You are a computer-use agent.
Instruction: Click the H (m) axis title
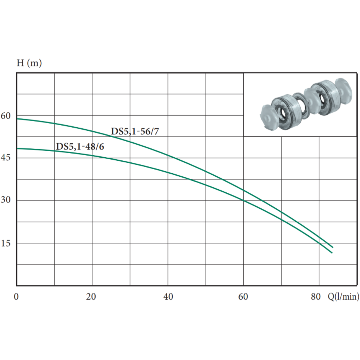click(29, 63)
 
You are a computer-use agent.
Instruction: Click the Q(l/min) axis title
click(344, 297)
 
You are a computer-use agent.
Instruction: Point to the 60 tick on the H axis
click(6, 116)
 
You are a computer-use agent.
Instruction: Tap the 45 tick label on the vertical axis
click(6, 158)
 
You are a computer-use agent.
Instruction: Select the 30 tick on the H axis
click(6, 200)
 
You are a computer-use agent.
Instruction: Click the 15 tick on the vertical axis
click(6, 243)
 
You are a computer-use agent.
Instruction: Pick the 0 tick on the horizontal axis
click(16, 297)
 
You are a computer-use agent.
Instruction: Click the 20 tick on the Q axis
click(91, 297)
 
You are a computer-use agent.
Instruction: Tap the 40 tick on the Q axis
click(168, 297)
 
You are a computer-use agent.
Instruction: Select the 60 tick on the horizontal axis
click(243, 297)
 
